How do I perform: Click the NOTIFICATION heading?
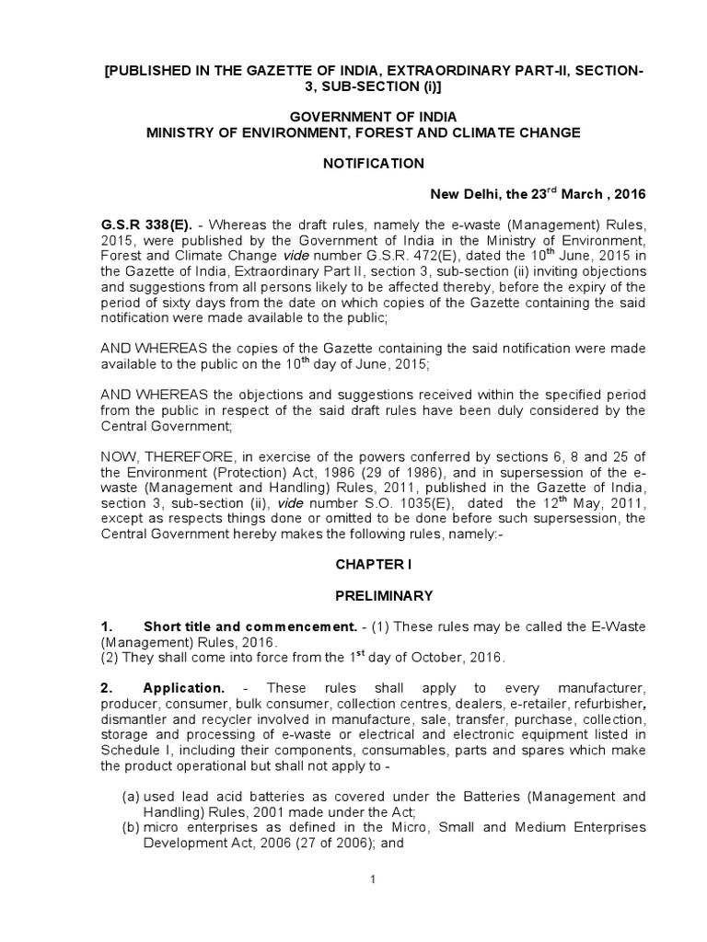tap(372, 163)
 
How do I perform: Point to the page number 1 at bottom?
tap(373, 880)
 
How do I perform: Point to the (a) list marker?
tap(131, 796)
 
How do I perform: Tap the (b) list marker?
tap(131, 827)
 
